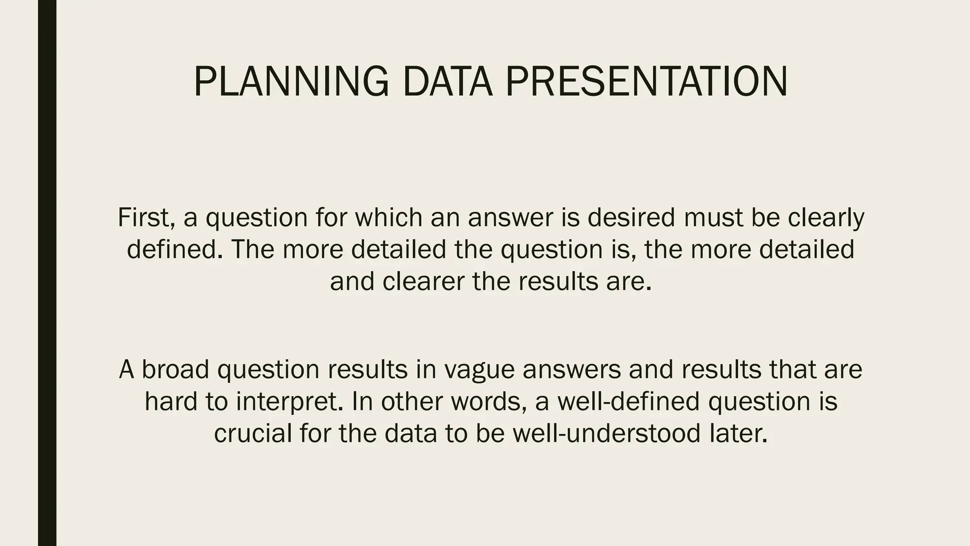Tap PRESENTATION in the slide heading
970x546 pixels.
[x=646, y=82]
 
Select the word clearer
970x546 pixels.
[x=423, y=281]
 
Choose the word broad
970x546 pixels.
[x=175, y=369]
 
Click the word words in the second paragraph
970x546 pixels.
[x=488, y=401]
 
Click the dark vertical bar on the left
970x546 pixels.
[x=47, y=273]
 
